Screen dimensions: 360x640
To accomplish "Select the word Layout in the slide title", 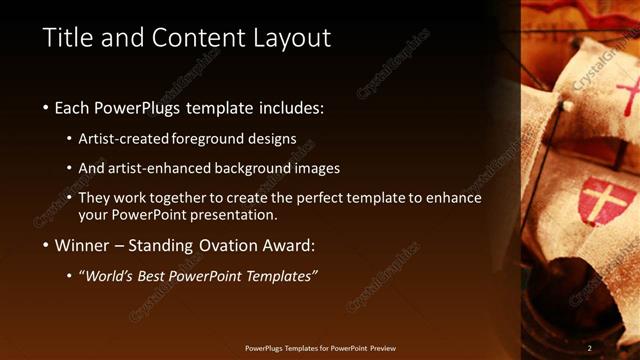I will (292, 38).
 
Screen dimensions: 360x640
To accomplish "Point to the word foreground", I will (209, 138).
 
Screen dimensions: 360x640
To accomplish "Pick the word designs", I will (272, 138).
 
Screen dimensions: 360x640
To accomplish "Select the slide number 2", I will (589, 347).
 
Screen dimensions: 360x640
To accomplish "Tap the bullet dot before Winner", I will (46, 245).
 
